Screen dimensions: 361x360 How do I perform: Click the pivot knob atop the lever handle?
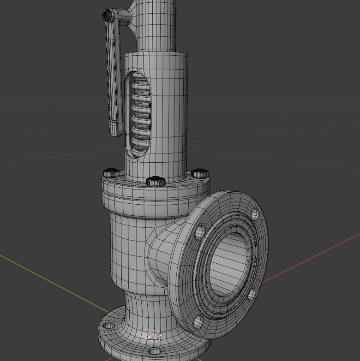click(108, 16)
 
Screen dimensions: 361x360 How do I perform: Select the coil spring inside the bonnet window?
click(140, 115)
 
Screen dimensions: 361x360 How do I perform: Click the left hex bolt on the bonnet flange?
click(111, 173)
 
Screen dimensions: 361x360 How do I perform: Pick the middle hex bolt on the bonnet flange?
click(156, 181)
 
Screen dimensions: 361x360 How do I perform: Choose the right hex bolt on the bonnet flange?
click(200, 174)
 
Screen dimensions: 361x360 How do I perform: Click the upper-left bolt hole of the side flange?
click(199, 231)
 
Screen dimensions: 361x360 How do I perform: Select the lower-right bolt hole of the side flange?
click(252, 294)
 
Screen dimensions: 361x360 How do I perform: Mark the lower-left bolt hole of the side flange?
click(198, 321)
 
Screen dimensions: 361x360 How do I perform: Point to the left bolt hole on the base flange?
click(109, 325)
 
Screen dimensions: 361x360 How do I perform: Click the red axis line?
click(314, 258)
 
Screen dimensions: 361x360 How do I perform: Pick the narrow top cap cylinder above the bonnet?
click(157, 25)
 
